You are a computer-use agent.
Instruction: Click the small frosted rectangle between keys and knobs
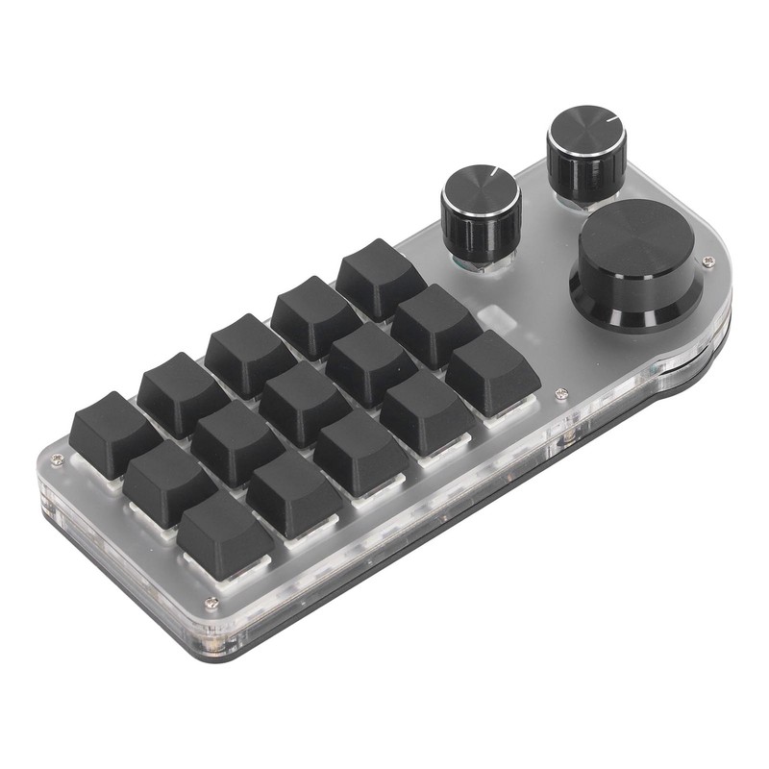coord(489,318)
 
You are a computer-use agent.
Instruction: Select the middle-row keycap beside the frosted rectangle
coord(434,322)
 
